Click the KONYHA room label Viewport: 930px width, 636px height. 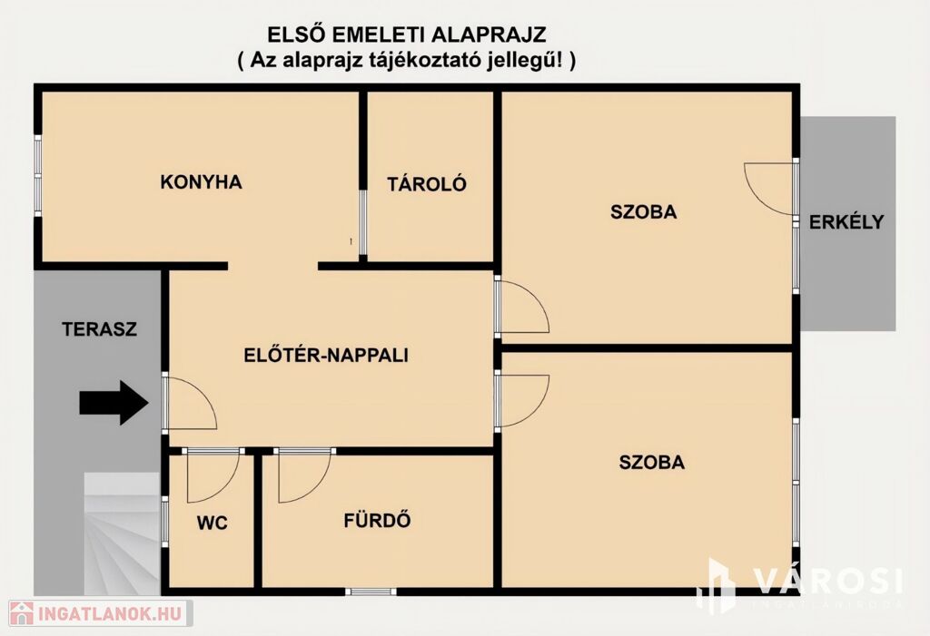(201, 182)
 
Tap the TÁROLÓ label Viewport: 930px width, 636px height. (427, 184)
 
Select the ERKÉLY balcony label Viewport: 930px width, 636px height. (846, 221)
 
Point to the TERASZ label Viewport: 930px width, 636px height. (100, 329)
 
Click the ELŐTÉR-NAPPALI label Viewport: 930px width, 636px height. (326, 355)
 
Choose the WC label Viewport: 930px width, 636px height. (212, 523)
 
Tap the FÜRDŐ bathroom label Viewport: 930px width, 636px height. (377, 521)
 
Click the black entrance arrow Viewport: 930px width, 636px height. (114, 403)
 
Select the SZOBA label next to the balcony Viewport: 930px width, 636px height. (644, 211)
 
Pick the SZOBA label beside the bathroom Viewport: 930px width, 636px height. (652, 463)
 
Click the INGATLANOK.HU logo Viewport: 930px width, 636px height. (101, 613)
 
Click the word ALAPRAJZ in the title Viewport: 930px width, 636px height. (489, 35)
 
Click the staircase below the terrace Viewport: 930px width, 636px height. (122, 533)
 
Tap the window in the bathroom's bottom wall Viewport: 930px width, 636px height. (371, 591)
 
